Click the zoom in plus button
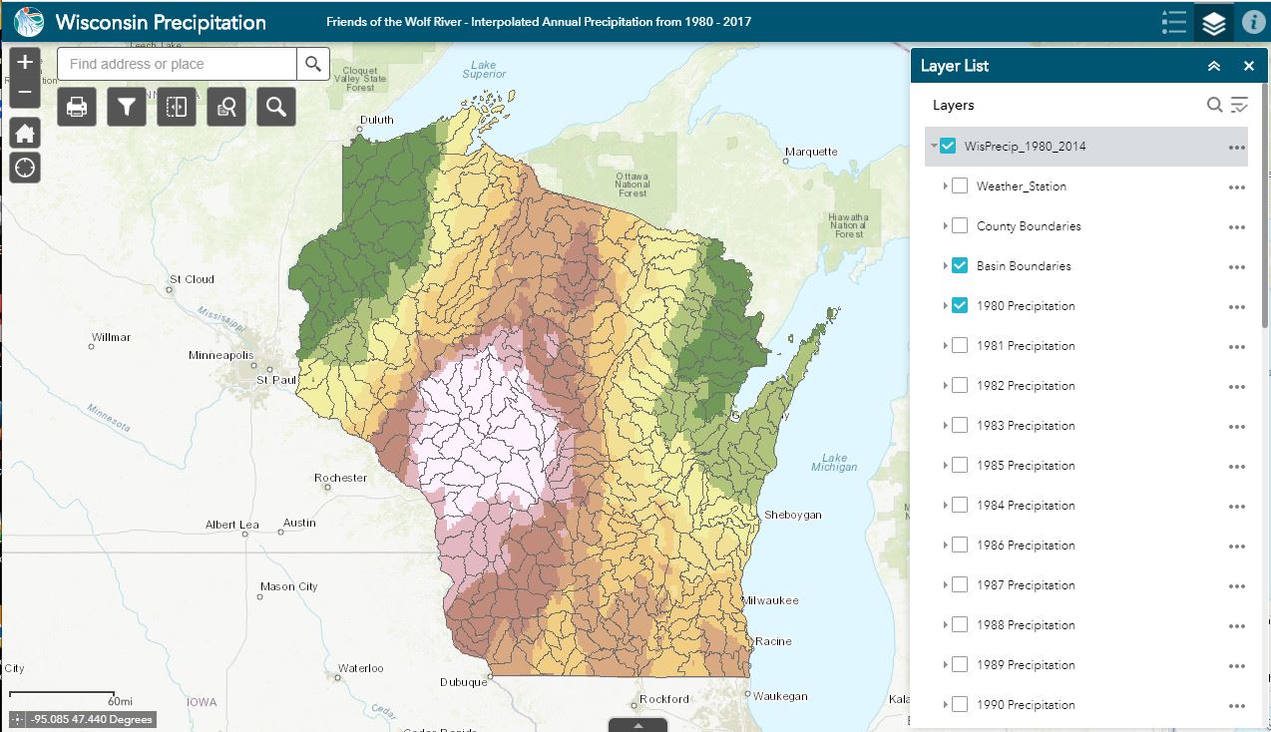25,62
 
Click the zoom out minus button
25,93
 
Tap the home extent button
25,134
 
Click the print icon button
77,107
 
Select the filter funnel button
127,107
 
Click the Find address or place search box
178,64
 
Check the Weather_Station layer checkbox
960,185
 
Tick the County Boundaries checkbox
960,225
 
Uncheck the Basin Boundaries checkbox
960,265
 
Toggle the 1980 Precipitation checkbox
960,305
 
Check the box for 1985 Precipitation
960,465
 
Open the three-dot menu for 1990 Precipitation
1237,705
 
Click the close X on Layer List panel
1248,66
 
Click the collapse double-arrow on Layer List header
1213,66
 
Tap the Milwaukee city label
770,600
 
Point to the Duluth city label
377,120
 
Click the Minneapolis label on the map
221,355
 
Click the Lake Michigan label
834,462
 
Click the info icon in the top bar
1253,22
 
